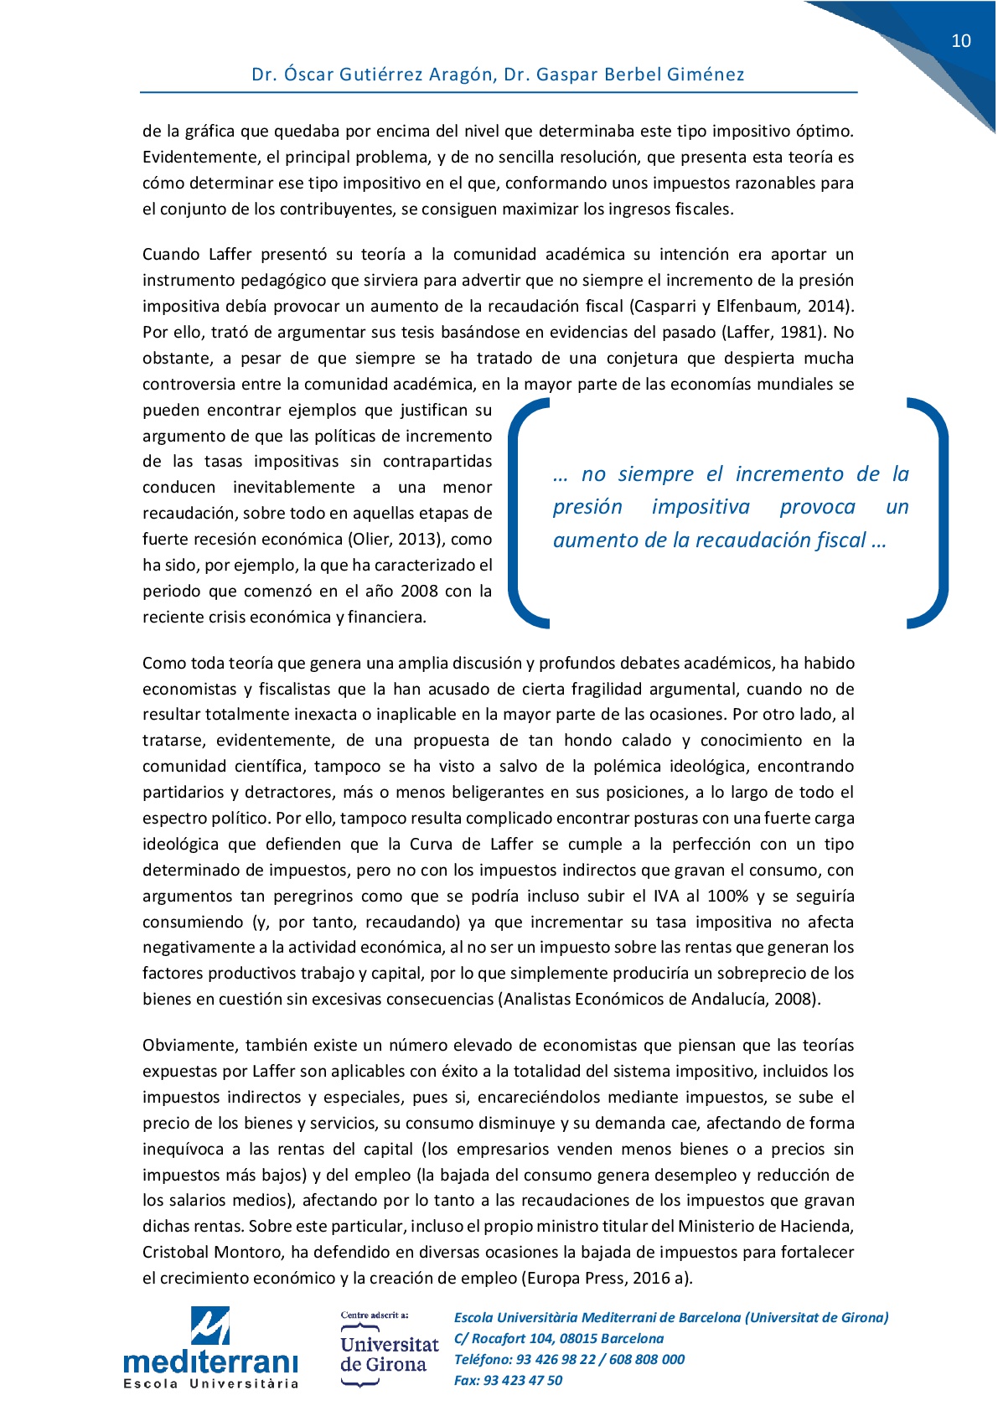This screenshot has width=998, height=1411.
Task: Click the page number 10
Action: click(960, 41)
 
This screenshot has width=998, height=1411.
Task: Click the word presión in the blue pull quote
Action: click(587, 508)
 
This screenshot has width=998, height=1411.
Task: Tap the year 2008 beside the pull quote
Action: click(419, 592)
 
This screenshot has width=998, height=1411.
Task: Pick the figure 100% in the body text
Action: click(727, 897)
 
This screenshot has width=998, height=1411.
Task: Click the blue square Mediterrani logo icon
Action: click(210, 1326)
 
